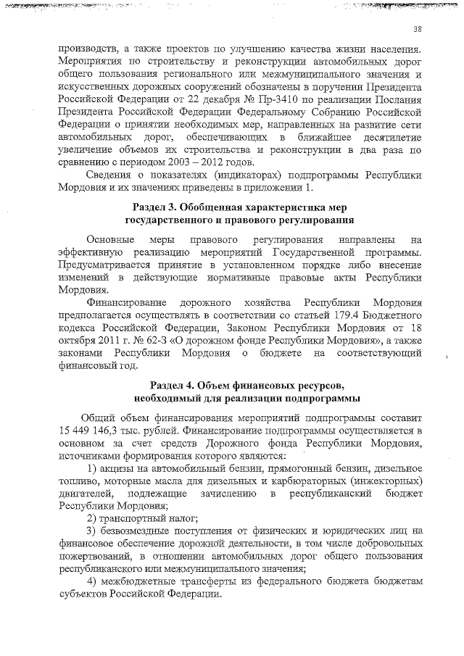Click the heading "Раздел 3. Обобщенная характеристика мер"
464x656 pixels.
coord(239,208)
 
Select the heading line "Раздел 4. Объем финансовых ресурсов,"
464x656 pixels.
coord(239,384)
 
